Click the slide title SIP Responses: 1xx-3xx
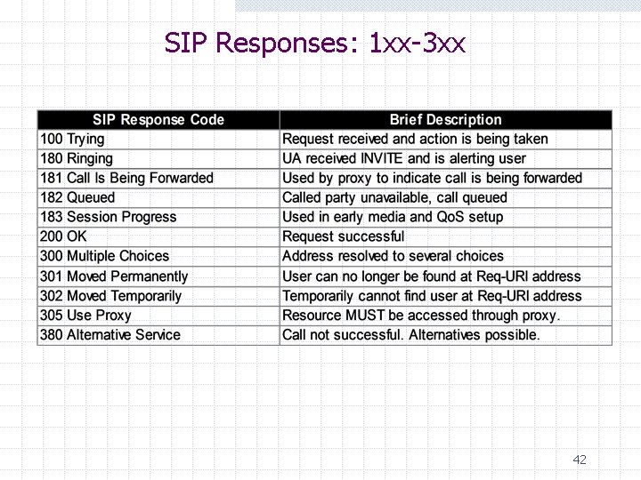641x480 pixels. point(315,43)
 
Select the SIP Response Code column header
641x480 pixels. point(158,119)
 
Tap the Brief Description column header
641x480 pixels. point(445,119)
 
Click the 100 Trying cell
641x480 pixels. point(72,139)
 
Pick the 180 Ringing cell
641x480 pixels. point(77,158)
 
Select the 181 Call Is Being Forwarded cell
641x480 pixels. point(126,178)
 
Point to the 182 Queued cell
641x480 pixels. point(77,197)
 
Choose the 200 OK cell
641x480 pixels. point(64,236)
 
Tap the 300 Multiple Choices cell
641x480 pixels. point(104,256)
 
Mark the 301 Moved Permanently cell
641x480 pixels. point(114,276)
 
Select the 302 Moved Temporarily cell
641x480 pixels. point(110,296)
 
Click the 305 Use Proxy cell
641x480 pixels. point(85,316)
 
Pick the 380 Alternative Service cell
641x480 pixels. point(110,335)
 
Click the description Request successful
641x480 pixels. point(343,236)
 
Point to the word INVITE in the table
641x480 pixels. point(380,158)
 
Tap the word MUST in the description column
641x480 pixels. point(362,316)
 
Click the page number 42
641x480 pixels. point(580,460)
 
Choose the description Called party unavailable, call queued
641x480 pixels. point(394,197)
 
